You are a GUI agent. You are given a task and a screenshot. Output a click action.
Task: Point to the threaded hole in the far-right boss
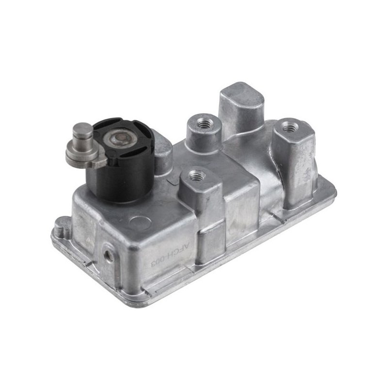pyautogui.click(x=290, y=128)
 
